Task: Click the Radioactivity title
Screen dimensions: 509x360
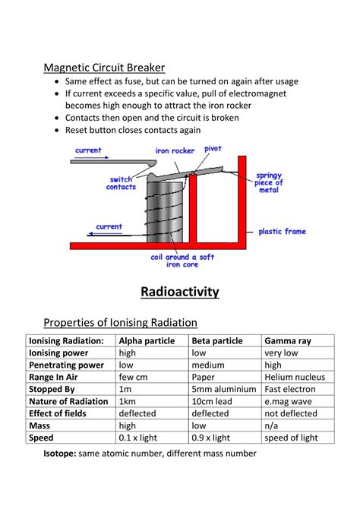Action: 180,291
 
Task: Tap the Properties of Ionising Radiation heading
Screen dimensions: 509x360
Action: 120,322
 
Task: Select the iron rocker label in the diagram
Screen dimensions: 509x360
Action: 175,150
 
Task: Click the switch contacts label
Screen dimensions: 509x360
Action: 121,183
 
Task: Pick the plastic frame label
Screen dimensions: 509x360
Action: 283,231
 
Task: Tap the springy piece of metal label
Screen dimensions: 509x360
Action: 270,182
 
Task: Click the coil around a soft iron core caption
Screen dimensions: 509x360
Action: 183,261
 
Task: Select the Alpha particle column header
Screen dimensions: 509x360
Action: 147,340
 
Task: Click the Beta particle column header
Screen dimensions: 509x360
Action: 218,340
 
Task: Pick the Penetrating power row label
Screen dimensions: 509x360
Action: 66,365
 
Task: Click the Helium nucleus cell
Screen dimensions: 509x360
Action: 295,377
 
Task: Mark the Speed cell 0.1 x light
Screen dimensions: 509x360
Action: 142,438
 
